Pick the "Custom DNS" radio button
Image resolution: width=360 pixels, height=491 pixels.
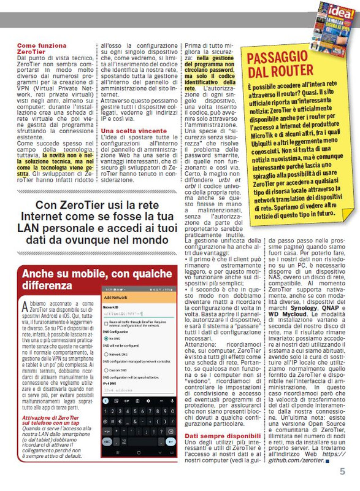click(107, 370)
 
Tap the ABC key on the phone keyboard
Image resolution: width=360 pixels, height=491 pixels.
click(109, 441)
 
